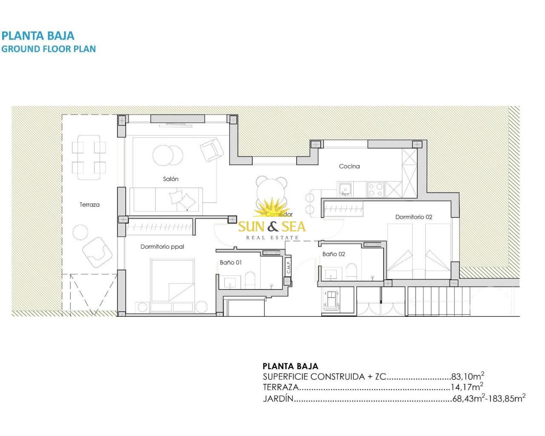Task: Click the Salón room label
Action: [170, 179]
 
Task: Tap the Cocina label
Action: [349, 166]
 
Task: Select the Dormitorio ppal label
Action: [162, 247]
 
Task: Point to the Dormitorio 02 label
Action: [413, 217]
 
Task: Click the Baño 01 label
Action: [230, 262]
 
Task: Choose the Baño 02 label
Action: [333, 254]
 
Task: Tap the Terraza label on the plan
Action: [89, 204]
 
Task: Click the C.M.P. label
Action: [288, 267]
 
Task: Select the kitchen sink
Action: [345, 189]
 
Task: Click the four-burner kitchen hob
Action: [376, 189]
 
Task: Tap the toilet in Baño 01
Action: [250, 280]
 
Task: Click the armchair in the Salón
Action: [212, 150]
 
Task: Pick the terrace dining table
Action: [89, 158]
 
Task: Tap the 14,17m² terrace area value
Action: [467, 387]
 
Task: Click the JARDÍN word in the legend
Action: [278, 399]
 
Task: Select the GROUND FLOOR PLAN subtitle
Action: [49, 49]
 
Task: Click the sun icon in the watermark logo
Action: [272, 208]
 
